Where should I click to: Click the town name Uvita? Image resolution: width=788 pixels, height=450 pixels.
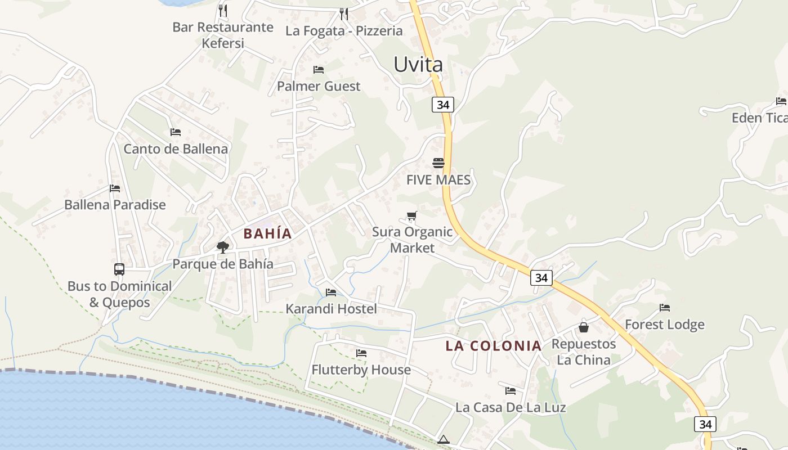coord(418,64)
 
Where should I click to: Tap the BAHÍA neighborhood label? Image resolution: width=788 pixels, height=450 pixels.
coord(267,233)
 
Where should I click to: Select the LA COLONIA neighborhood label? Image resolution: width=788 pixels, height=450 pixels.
coord(494,345)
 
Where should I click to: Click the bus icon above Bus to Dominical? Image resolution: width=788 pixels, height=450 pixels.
coord(119,269)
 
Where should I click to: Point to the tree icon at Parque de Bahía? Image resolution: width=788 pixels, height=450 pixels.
coord(223,247)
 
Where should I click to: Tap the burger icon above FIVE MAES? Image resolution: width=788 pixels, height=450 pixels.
coord(438,163)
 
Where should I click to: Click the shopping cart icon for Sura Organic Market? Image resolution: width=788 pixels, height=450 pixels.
coord(412,215)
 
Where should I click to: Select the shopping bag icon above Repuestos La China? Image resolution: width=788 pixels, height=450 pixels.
coord(584,327)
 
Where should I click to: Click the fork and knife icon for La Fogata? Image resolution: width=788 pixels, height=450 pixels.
coord(344,13)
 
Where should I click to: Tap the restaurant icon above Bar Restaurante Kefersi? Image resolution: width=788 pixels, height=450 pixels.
coord(223,10)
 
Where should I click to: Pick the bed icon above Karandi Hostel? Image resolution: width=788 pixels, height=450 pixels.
coord(331,292)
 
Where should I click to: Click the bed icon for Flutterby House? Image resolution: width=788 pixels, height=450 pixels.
coord(361,353)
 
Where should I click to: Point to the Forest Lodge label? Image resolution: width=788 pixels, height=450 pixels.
coord(665,325)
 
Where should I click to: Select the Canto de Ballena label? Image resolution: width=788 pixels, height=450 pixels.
coord(176,149)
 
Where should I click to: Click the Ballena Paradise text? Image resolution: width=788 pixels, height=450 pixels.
coord(115,205)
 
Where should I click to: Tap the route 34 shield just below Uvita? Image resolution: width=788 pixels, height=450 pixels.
coord(443,105)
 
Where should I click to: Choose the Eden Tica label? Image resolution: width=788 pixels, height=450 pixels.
coord(759,118)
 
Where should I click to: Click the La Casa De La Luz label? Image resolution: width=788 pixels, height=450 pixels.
coord(511,407)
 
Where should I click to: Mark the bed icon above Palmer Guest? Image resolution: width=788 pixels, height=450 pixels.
coord(319,69)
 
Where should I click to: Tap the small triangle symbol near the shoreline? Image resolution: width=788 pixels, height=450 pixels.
coord(444,439)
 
